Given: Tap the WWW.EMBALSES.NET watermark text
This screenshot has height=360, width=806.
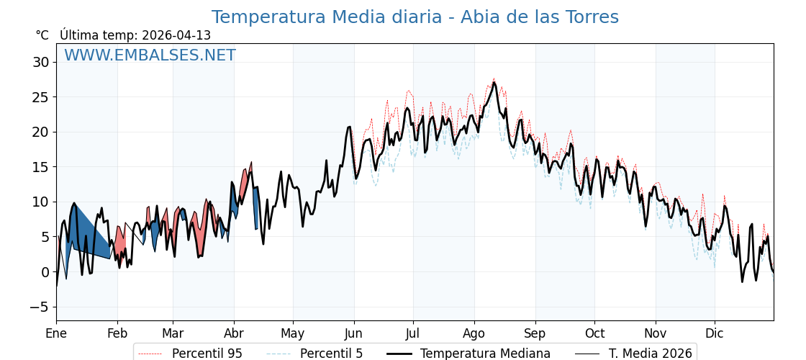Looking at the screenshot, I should [150, 55].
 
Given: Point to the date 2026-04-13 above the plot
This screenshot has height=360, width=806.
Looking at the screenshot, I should [176, 35].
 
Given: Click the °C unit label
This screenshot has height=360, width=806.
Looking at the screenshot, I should [42, 35].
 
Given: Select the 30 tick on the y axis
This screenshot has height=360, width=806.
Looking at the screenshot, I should [40, 62].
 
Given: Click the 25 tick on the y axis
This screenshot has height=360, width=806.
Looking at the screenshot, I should [40, 97].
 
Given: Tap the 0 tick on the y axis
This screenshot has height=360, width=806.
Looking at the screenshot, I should [45, 272].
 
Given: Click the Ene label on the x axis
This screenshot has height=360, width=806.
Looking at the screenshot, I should [56, 333].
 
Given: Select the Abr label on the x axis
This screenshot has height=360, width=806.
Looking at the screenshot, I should [234, 333].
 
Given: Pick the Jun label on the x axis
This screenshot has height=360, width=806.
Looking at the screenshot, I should [354, 333].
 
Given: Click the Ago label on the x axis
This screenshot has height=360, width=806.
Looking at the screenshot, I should [474, 333].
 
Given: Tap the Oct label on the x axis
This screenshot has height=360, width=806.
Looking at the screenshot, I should [594, 333].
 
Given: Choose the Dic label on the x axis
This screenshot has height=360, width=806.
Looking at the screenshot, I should [715, 333].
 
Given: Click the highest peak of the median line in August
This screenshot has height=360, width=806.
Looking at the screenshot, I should [494, 83].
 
